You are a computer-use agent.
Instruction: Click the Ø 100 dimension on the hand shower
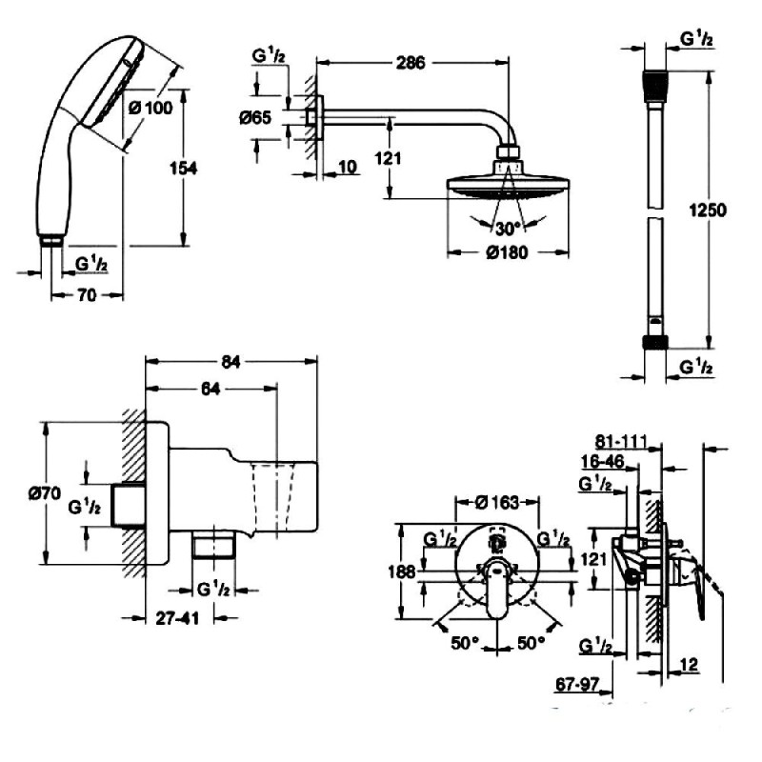tap(150, 108)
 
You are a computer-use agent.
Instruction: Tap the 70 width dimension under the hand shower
tap(87, 295)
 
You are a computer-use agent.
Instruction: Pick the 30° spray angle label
tap(508, 229)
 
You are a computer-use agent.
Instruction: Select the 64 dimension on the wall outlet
tap(214, 389)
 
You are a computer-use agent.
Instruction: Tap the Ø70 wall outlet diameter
tap(46, 493)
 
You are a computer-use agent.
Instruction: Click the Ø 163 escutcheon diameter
tap(495, 500)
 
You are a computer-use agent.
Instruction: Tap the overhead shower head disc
tap(507, 186)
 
